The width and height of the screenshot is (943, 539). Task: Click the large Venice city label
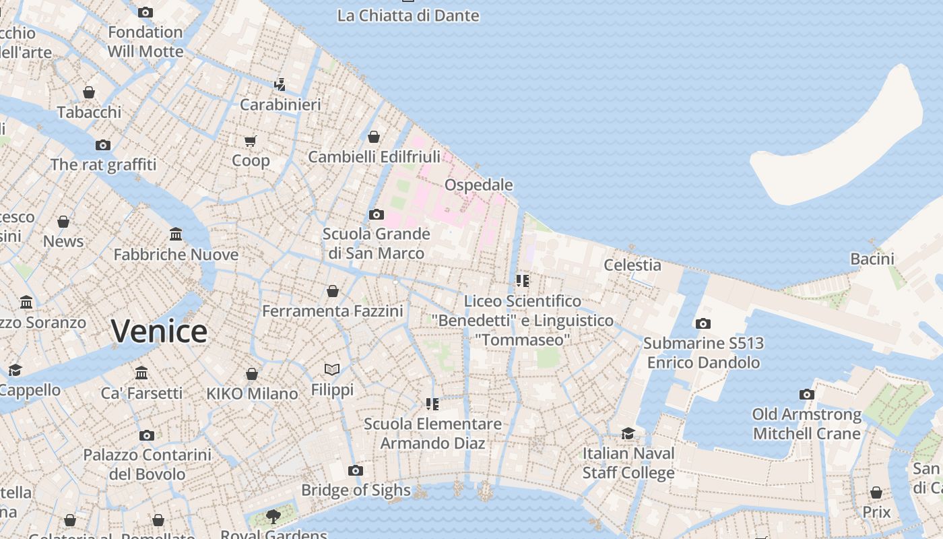click(x=159, y=331)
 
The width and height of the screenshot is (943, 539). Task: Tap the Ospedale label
click(x=478, y=185)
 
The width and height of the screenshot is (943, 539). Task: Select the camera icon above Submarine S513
click(x=703, y=323)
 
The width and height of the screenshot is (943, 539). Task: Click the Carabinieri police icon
click(x=280, y=85)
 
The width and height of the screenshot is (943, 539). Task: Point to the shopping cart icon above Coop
click(x=251, y=141)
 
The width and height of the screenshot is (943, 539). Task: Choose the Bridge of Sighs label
click(x=356, y=490)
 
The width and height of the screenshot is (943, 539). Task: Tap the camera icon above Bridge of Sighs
click(x=356, y=470)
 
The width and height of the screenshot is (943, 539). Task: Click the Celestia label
click(x=632, y=265)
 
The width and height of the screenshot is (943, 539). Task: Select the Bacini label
click(x=872, y=259)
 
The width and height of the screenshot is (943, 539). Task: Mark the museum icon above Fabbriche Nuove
click(x=176, y=234)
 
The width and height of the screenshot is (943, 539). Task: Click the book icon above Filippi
click(x=332, y=369)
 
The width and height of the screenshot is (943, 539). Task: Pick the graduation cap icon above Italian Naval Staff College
click(x=628, y=433)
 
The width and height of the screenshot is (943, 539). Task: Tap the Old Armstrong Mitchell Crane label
click(x=806, y=424)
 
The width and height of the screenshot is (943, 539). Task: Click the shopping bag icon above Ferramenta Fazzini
click(x=333, y=291)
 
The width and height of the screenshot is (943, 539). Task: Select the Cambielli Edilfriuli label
click(x=374, y=157)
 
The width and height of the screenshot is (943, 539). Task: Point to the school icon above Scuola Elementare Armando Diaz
click(x=432, y=404)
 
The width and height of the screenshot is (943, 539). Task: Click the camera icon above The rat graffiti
click(x=103, y=145)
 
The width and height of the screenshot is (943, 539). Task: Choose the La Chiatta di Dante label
click(x=408, y=15)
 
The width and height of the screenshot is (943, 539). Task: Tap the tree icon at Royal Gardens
click(x=273, y=517)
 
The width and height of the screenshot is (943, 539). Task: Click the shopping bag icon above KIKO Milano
click(x=252, y=374)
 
